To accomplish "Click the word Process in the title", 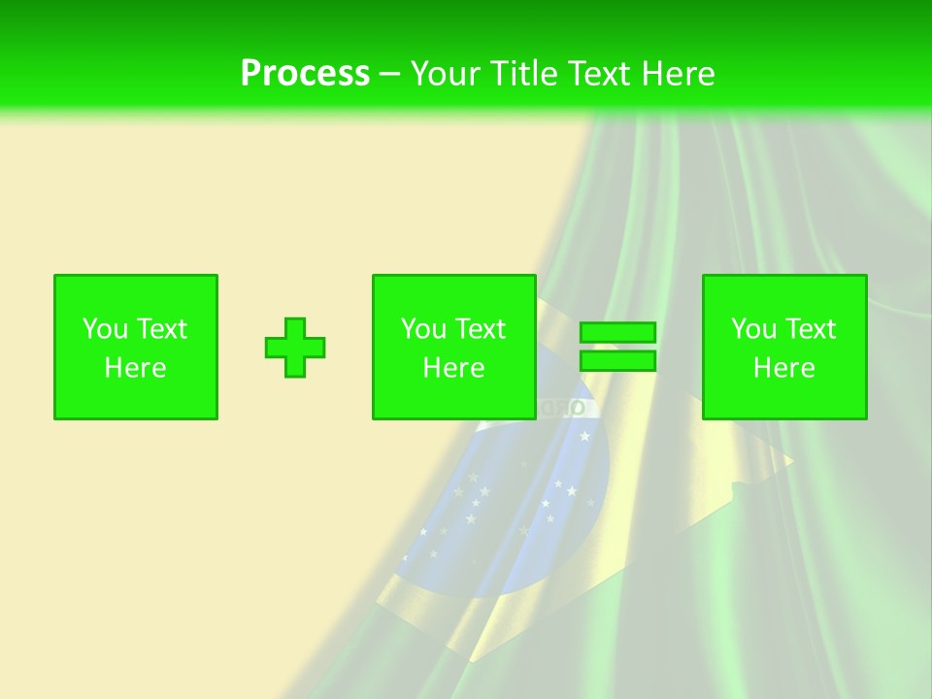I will click(x=305, y=74).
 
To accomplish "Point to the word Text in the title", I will click(x=602, y=74).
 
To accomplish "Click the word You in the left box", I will click(x=105, y=329).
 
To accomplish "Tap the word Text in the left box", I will click(x=160, y=329).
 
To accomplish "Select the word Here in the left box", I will click(x=135, y=368).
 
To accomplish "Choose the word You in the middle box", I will click(x=423, y=329).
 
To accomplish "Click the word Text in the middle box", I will click(x=479, y=329).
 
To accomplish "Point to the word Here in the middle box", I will click(x=453, y=368).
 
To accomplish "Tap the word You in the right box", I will click(x=753, y=329).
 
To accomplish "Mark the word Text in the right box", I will click(x=809, y=329).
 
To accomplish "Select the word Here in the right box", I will click(x=783, y=368).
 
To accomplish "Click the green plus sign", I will click(x=295, y=348).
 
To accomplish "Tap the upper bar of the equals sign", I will click(x=617, y=333).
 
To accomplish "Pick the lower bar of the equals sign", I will click(x=617, y=361).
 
